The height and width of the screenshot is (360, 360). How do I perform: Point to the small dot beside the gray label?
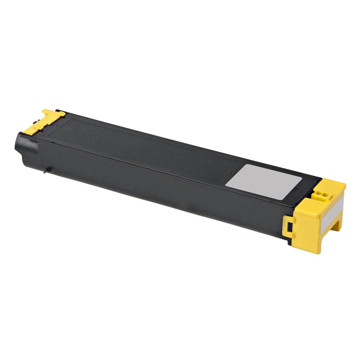231,172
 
